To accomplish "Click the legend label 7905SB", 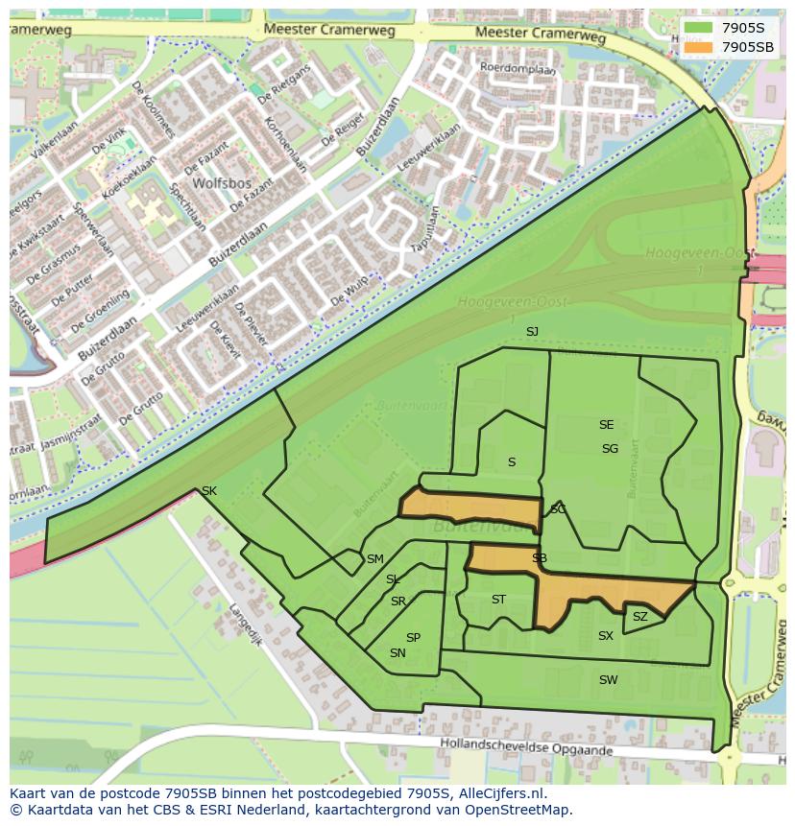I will coord(748,46).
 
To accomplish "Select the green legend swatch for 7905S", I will coord(698,27).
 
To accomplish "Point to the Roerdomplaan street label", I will coord(518,68).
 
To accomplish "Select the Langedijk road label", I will coord(246,624).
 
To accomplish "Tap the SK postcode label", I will coord(208,491).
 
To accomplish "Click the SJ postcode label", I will coord(532,332).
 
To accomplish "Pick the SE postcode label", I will coord(606,425).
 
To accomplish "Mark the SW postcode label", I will coord(608,680).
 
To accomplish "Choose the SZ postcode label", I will coord(639,617).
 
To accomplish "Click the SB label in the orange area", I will coord(540,558).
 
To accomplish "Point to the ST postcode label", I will coord(498,600).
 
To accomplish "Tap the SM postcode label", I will coord(374,559).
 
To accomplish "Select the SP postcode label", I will coord(413,638).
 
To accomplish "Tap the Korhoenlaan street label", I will coord(288,145).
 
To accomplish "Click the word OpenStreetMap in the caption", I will coord(517,810).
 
